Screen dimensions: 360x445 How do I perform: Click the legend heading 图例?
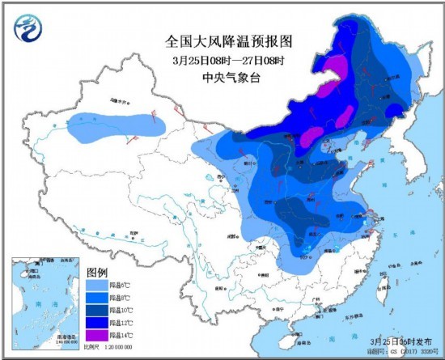98,273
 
